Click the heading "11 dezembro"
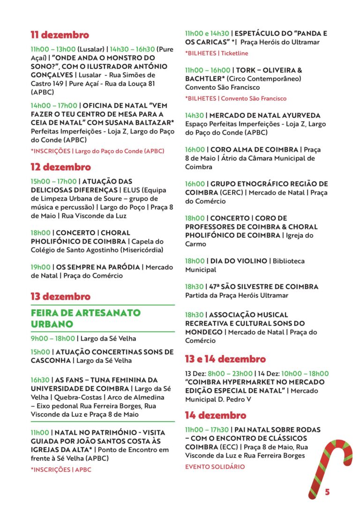60,35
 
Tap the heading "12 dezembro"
60,167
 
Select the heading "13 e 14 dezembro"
225,359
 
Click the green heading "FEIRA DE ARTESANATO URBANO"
86,318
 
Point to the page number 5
327,492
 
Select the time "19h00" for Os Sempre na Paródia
41,267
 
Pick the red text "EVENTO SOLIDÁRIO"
215,467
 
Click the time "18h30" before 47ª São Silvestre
194,287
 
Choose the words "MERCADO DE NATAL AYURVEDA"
265,115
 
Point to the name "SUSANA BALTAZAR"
140,122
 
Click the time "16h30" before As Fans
40,380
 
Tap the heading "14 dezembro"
215,415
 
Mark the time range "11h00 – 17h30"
207,429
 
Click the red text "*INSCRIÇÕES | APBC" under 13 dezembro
61,469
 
